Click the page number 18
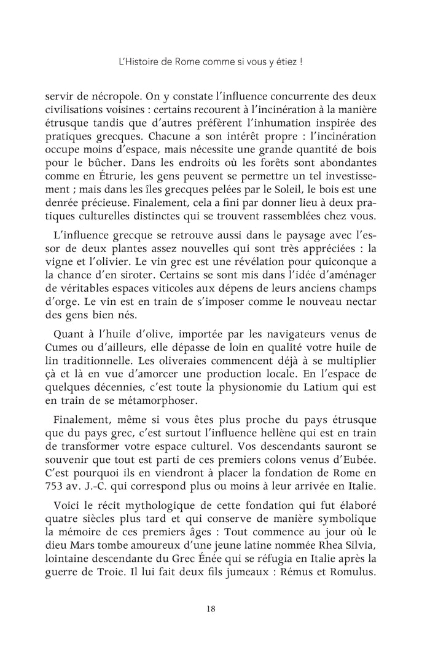pos(211,609)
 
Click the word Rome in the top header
pos(197,61)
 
